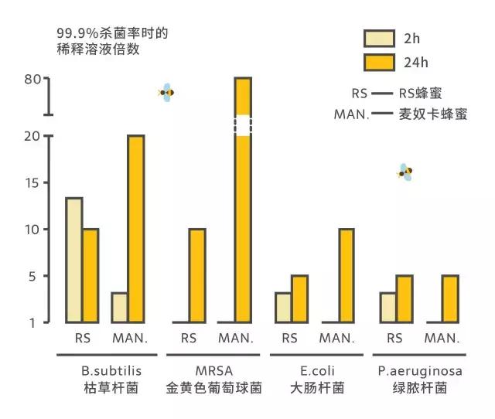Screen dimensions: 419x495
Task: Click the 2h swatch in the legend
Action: [380, 37]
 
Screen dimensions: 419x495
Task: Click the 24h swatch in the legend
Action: [380, 61]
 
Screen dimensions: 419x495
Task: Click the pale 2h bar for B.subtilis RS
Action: [73, 260]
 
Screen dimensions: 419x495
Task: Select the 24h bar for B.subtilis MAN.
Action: [136, 229]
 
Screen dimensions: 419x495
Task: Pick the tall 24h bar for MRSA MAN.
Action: [243, 232]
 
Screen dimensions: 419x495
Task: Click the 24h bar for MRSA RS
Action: [197, 275]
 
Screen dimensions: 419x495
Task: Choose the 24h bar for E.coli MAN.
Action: [346, 275]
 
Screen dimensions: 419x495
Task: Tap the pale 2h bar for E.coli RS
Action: [283, 307]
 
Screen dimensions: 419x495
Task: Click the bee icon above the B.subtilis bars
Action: [166, 93]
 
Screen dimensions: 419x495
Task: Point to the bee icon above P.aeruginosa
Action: [405, 172]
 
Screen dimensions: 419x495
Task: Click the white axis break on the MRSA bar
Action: [243, 125]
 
